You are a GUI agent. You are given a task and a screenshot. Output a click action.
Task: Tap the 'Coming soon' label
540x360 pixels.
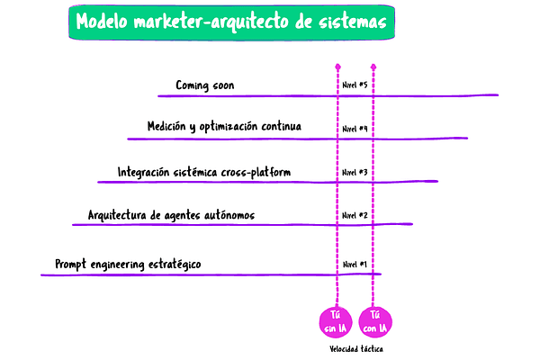coord(205,85)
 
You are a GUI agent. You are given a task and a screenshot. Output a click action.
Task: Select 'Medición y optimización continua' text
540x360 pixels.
coord(224,127)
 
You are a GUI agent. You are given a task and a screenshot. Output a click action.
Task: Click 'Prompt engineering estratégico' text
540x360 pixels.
coord(127,264)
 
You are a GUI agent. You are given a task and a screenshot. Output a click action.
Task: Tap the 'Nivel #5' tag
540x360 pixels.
coord(355,85)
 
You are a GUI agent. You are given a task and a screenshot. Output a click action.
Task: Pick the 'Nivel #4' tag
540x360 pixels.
coord(355,129)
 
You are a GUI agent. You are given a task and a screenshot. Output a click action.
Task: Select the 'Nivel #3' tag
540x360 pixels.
coord(355,172)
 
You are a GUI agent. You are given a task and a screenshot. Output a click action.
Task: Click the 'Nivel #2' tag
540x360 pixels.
coord(355,216)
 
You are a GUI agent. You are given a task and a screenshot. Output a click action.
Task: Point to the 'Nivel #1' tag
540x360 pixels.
coord(355,265)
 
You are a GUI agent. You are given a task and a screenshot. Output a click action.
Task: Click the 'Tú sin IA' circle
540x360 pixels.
coord(336,319)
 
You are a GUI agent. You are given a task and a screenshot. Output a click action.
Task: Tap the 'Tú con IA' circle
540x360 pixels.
coord(374,319)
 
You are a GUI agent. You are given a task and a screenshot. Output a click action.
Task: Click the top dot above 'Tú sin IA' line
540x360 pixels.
coord(337,66)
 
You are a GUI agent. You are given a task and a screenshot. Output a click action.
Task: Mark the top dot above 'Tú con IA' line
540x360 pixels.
coord(373,66)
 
